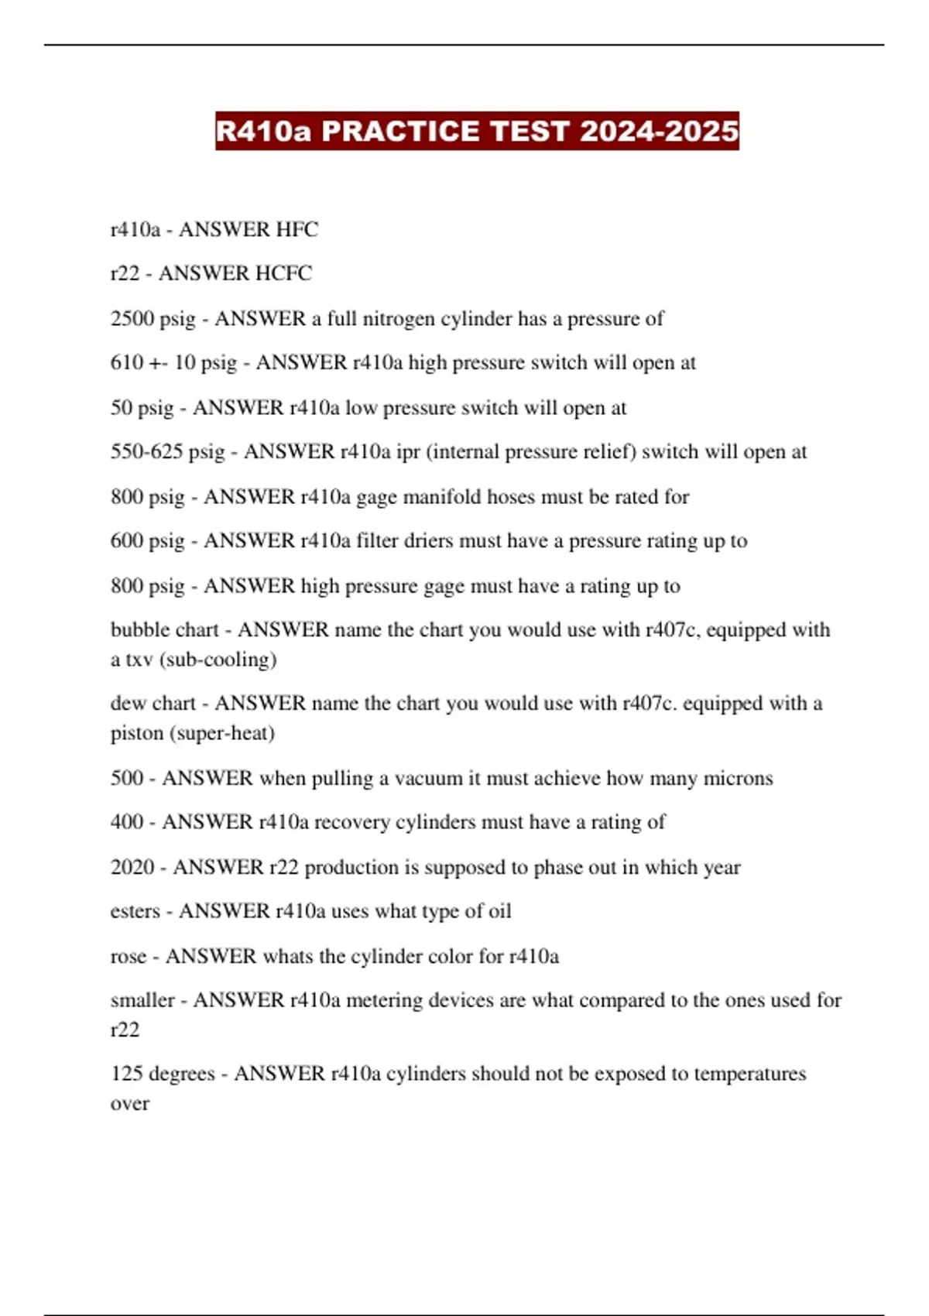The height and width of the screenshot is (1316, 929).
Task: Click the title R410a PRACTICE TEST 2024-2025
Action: point(477,131)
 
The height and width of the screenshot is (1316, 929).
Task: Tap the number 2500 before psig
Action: point(132,318)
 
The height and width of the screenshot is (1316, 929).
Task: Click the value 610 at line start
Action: point(127,362)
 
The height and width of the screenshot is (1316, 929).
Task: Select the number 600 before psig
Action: point(127,540)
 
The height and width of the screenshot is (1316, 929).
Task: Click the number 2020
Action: point(132,867)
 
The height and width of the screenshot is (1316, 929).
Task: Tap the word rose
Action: point(128,956)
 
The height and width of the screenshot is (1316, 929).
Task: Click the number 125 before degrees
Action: point(126,1074)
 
